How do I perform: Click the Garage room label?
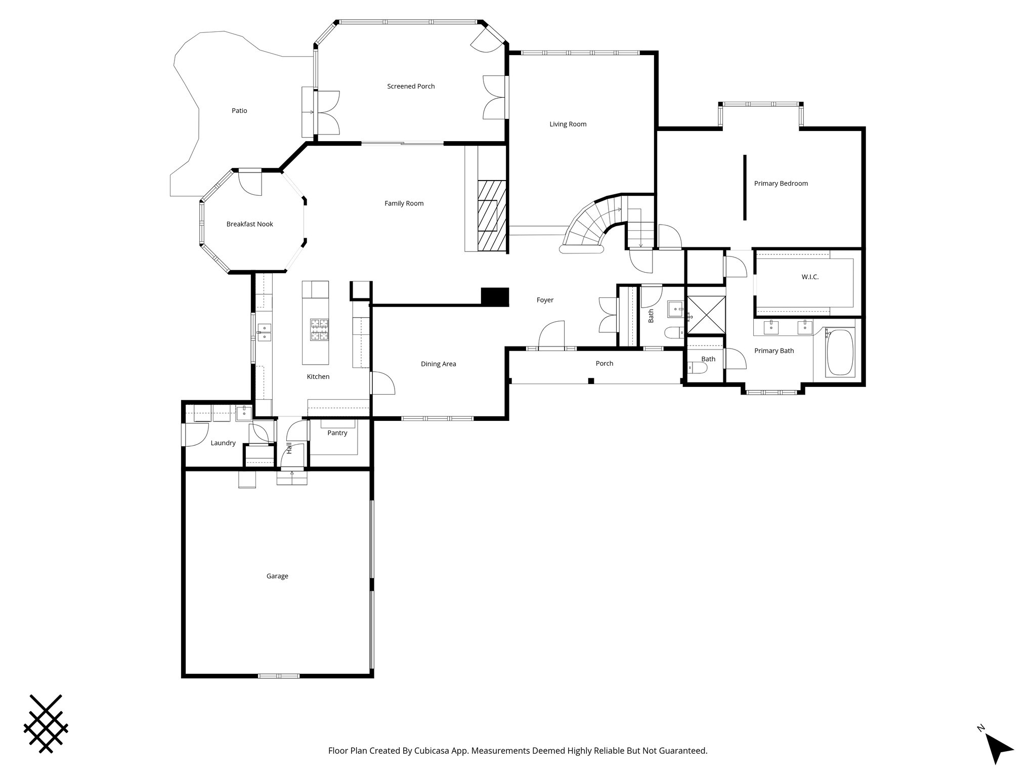277,576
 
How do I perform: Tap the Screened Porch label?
411,87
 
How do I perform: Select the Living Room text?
568,124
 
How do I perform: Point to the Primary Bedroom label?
781,184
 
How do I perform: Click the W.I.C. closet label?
810,277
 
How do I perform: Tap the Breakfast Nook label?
250,224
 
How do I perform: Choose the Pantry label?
337,433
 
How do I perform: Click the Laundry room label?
223,443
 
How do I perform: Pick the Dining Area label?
439,364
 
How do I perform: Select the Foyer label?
545,300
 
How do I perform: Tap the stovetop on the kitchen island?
320,329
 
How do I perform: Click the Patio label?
239,111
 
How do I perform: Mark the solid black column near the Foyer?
494,297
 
